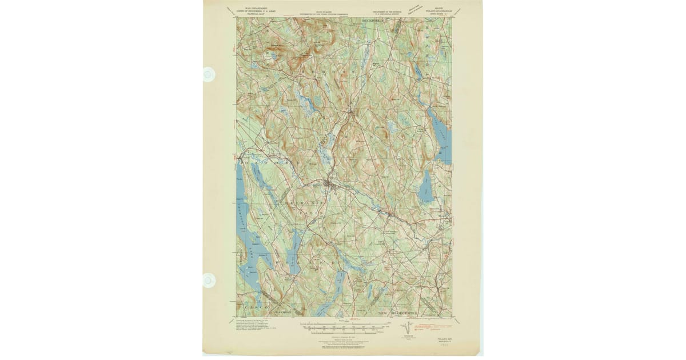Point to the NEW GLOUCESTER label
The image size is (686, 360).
pos(398,313)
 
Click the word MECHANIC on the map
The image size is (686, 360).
pos(294,203)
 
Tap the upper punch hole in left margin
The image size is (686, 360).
pos(209,74)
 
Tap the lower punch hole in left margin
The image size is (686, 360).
pos(209,280)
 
